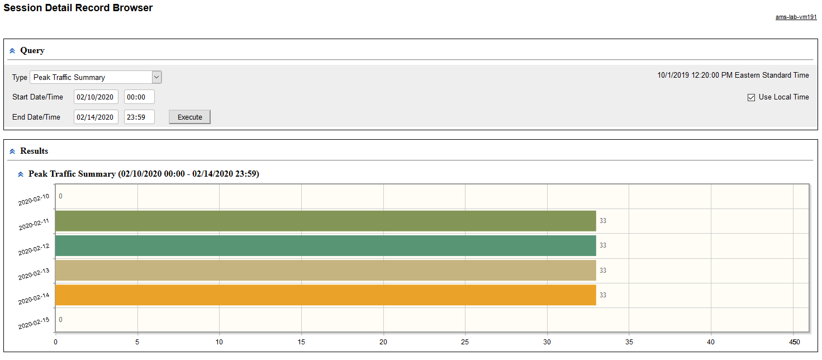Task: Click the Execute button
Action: pos(189,117)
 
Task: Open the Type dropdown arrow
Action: pos(156,77)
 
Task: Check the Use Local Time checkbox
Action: pos(751,97)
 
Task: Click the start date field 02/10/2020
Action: pos(96,97)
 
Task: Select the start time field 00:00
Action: pos(139,97)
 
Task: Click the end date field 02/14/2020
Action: pos(96,117)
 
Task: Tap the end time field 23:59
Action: pos(139,117)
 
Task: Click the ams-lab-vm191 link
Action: pos(796,17)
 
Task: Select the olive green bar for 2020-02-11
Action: pos(325,221)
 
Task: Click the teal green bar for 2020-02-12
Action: pos(325,245)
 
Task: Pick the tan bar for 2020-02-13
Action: pos(325,271)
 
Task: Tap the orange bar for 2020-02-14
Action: pos(325,295)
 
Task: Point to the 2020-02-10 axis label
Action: pos(34,200)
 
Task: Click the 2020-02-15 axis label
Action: pos(34,323)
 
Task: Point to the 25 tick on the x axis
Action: pos(465,342)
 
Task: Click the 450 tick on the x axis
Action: pos(795,342)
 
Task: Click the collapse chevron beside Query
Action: pos(12,51)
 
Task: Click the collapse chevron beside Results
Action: pos(12,151)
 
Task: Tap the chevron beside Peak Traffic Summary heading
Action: pos(21,174)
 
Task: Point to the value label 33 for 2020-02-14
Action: pos(603,295)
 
